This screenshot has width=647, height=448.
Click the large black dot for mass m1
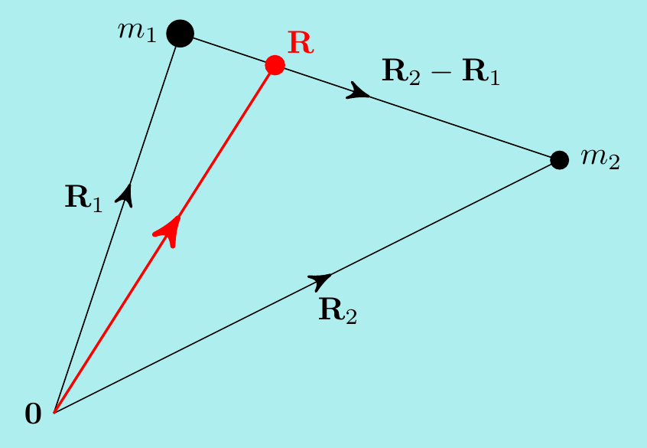180,33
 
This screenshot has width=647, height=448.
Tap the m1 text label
137,32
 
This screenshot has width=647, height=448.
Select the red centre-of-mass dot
275,65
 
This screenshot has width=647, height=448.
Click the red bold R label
301,43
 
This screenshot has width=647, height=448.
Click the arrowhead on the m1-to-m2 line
359,93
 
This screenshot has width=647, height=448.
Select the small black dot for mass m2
559,160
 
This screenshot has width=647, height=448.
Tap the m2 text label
600,159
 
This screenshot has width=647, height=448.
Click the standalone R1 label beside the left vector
83,199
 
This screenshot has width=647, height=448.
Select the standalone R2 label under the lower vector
337,310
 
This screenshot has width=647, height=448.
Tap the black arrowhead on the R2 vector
321,280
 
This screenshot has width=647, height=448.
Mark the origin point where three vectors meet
54,412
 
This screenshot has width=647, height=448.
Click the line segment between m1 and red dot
229,50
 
